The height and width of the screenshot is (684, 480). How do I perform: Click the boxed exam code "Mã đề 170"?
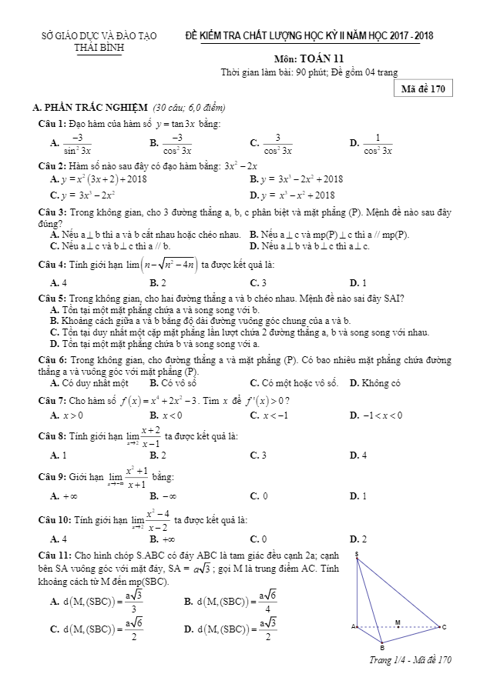pyautogui.click(x=423, y=88)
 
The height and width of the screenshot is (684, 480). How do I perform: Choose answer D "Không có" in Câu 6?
pyautogui.click(x=375, y=382)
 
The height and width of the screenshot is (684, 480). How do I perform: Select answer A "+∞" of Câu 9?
pyautogui.click(x=65, y=496)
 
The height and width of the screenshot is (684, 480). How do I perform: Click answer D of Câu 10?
pyautogui.click(x=357, y=539)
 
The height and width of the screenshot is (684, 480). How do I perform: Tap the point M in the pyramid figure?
pyautogui.click(x=398, y=622)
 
